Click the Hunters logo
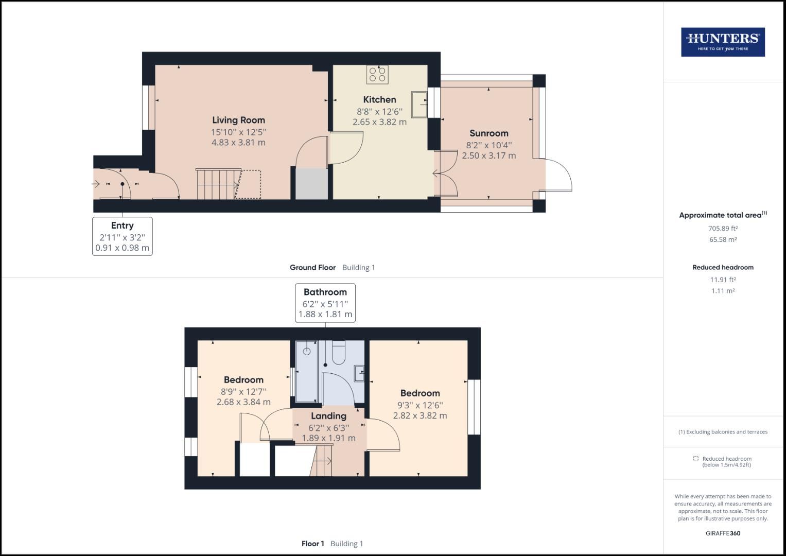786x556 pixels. pyautogui.click(x=723, y=42)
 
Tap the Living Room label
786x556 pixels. pyautogui.click(x=238, y=120)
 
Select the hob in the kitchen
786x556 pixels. pyautogui.click(x=377, y=75)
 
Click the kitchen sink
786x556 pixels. pyautogui.click(x=419, y=105)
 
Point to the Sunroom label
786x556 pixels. pyautogui.click(x=488, y=133)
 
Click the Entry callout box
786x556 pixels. pyautogui.click(x=123, y=236)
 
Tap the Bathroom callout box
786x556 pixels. pyautogui.click(x=325, y=303)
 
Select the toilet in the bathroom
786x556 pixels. pyautogui.click(x=339, y=353)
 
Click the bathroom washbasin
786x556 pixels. pyautogui.click(x=359, y=373)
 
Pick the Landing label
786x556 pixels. pyautogui.click(x=328, y=416)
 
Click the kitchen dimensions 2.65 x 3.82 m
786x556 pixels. pyautogui.click(x=379, y=122)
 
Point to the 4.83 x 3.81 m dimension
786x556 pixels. pyautogui.click(x=238, y=143)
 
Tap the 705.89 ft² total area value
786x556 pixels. pyautogui.click(x=723, y=229)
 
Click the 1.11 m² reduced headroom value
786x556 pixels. pyautogui.click(x=723, y=291)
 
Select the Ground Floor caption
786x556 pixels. pyautogui.click(x=312, y=268)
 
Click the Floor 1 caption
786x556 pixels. pyautogui.click(x=313, y=544)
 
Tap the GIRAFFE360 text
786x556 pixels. pyautogui.click(x=723, y=533)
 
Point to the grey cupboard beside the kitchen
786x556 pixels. pyautogui.click(x=311, y=183)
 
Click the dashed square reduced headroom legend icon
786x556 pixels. pyautogui.click(x=695, y=459)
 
